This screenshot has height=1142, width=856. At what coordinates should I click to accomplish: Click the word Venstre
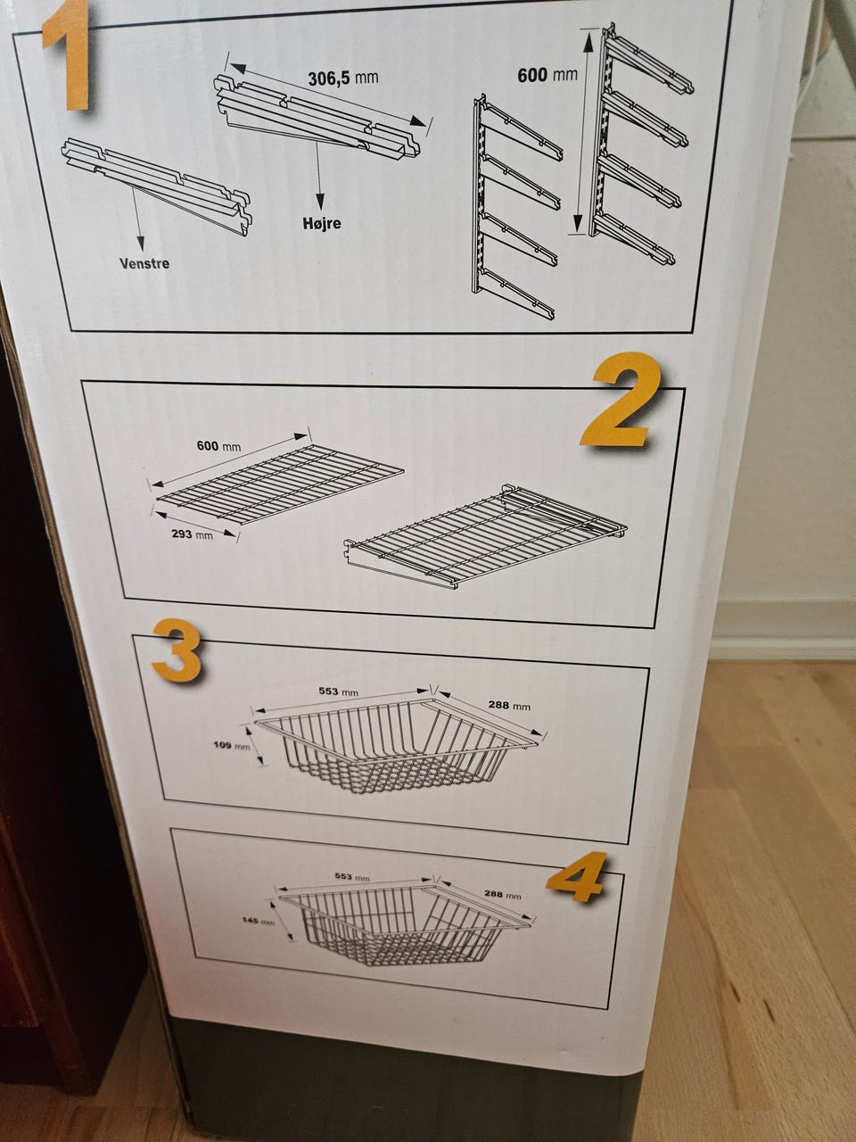pyautogui.click(x=144, y=264)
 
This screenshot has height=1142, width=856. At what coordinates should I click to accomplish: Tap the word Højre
pyautogui.click(x=322, y=223)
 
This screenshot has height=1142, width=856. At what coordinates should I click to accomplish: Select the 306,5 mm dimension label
pyautogui.click(x=343, y=79)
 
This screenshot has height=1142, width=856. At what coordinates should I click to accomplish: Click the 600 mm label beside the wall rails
pyautogui.click(x=547, y=76)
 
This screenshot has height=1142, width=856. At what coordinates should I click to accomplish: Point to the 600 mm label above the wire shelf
pyautogui.click(x=218, y=446)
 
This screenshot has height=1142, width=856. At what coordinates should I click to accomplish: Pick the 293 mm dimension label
pyautogui.click(x=193, y=534)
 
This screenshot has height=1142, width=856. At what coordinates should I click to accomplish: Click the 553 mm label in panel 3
pyautogui.click(x=338, y=691)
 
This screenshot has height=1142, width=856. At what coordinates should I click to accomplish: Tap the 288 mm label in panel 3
pyautogui.click(x=509, y=706)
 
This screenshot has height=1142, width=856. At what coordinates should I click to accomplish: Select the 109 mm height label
pyautogui.click(x=232, y=746)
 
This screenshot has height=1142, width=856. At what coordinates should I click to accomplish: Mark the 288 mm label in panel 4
pyautogui.click(x=503, y=894)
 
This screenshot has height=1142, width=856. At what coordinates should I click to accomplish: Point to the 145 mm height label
pyautogui.click(x=259, y=921)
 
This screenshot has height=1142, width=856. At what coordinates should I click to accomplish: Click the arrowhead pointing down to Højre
pyautogui.click(x=320, y=202)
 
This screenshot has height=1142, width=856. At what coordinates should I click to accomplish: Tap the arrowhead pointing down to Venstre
pyautogui.click(x=141, y=244)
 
